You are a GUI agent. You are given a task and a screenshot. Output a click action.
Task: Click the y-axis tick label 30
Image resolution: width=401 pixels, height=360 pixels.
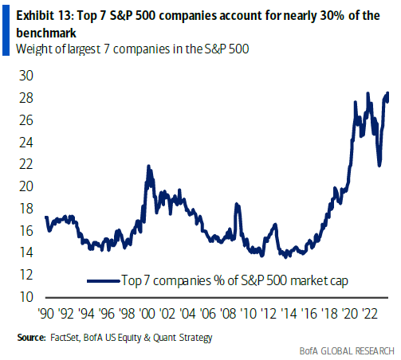(26, 76)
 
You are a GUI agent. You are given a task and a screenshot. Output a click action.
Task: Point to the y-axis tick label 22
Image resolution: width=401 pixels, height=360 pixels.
(26, 164)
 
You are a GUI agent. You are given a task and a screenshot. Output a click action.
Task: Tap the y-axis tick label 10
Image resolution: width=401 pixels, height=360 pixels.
(26, 297)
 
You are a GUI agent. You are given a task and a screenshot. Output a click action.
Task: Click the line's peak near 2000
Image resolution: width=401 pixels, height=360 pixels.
(148, 166)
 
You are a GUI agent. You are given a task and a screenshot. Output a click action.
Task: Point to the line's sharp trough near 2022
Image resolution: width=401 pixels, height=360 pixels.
(379, 165)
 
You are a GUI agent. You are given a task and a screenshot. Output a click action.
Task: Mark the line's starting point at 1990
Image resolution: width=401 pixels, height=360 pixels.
(46, 217)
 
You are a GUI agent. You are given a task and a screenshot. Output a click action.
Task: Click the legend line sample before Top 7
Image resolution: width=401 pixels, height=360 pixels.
(101, 281)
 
